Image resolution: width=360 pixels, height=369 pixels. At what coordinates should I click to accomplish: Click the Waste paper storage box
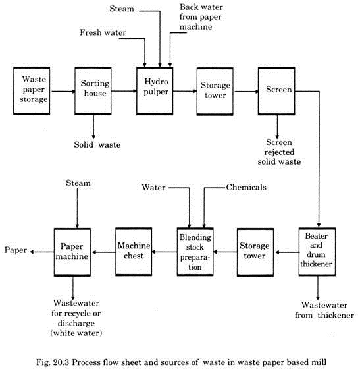click(32, 91)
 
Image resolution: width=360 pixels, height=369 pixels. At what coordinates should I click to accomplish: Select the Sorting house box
click(93, 91)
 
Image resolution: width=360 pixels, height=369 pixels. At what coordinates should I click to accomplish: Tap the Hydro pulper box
click(155, 91)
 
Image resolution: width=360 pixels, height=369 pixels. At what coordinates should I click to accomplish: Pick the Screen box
click(276, 91)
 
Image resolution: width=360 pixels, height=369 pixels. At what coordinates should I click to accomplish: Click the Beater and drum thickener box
click(317, 252)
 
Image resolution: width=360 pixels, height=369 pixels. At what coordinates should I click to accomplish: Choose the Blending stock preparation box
click(195, 252)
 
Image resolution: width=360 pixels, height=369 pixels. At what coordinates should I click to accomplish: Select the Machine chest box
click(134, 252)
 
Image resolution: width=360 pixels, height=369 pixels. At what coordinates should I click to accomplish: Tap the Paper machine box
click(72, 252)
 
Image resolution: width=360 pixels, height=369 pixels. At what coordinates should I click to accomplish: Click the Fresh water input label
click(103, 32)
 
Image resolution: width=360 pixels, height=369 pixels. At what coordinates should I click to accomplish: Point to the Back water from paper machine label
click(201, 17)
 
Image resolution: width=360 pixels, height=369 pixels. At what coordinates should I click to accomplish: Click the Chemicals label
click(246, 187)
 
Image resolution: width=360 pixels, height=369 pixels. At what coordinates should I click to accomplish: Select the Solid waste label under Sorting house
click(97, 144)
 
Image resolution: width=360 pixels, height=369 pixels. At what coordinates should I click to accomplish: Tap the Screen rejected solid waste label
click(279, 152)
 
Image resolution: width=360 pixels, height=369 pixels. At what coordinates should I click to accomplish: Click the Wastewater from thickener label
click(324, 310)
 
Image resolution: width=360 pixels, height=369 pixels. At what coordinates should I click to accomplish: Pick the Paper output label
click(16, 250)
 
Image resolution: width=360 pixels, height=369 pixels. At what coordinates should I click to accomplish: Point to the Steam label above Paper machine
click(78, 183)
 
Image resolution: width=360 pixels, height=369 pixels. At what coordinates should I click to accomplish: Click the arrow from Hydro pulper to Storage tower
click(185, 91)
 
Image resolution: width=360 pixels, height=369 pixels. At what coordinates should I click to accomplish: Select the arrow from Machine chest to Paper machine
click(103, 252)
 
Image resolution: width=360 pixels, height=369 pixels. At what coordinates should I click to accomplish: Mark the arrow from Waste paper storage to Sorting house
click(63, 91)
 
